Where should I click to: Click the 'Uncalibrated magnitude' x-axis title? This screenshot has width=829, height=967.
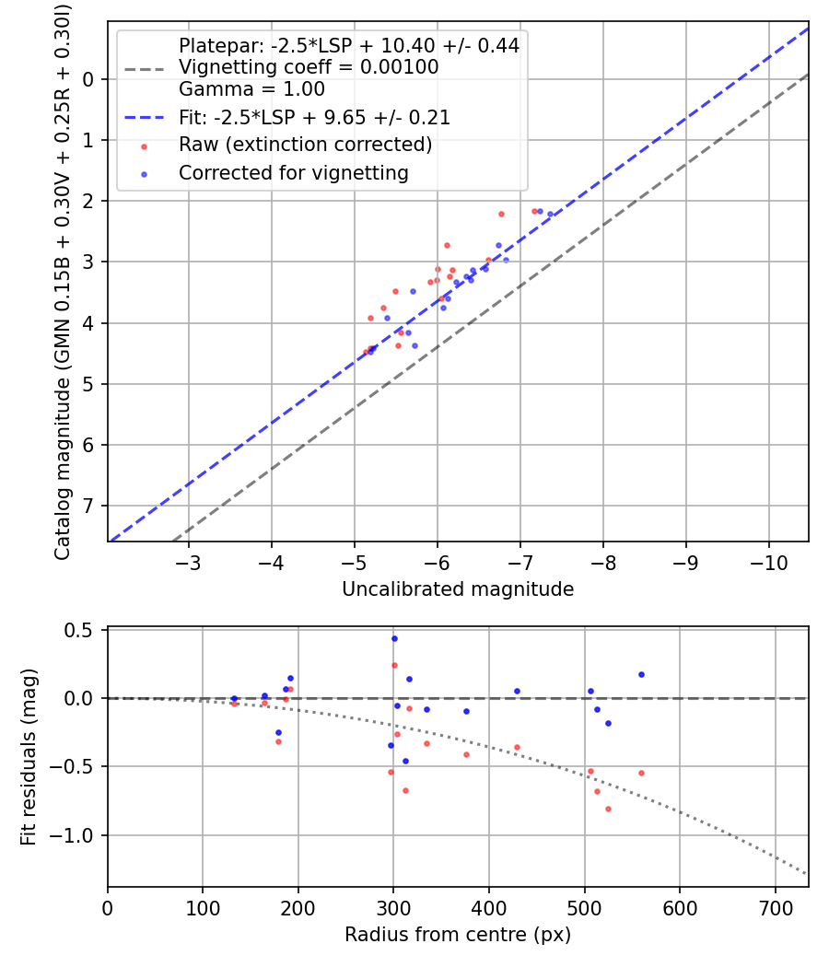458,589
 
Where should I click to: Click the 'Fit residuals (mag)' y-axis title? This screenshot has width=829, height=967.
29,757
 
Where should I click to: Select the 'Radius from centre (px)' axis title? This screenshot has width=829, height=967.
458,936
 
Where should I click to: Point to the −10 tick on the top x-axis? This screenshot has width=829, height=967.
768,564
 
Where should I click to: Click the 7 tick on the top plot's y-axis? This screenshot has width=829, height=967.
88,507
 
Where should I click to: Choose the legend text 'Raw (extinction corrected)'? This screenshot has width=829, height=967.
305,145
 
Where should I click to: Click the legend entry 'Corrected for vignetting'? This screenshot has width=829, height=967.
293,172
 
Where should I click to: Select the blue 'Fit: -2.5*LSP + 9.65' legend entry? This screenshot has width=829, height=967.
314,118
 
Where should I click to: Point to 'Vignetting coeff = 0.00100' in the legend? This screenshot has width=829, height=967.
309,67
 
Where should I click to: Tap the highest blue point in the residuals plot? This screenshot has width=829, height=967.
394,638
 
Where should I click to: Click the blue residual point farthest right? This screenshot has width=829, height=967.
641,674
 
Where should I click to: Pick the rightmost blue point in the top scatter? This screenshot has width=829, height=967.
550,214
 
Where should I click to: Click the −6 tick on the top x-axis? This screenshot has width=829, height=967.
437,564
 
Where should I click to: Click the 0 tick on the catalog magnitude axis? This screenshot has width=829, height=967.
88,79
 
